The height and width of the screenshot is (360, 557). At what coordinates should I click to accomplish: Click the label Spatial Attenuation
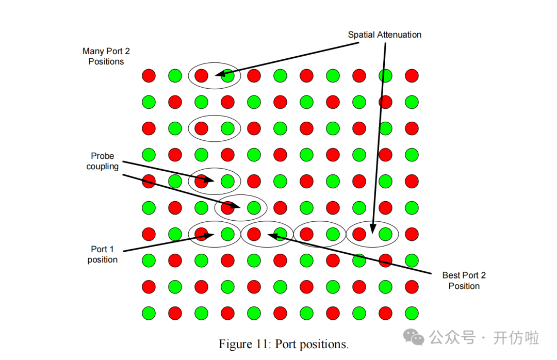coord(384,35)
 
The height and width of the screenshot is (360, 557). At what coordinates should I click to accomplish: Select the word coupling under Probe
coord(103,166)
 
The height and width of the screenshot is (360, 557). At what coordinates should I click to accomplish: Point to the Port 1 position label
coord(102,254)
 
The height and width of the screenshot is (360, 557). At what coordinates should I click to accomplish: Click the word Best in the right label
coord(452,275)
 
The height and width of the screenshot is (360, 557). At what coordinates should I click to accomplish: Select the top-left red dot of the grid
coord(149,76)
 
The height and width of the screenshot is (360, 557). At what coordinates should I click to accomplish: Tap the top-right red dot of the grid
coord(412,76)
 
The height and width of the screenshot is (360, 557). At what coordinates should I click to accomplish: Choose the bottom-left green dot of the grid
coord(149,313)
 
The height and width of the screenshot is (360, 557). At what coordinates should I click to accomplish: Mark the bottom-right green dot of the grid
coord(412,313)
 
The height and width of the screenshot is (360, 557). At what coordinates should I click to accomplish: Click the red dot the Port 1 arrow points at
coord(202,234)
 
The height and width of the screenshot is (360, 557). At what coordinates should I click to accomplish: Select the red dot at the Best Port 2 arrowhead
coord(254,234)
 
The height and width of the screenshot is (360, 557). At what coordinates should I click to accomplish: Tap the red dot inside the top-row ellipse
coord(202,76)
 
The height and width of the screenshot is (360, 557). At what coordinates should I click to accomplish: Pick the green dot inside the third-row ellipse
coord(227,128)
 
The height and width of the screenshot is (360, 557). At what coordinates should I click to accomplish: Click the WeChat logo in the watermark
coord(414,338)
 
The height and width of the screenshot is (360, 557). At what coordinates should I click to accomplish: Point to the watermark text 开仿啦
coord(516,338)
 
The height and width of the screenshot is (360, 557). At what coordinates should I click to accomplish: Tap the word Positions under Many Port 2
coord(106,61)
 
